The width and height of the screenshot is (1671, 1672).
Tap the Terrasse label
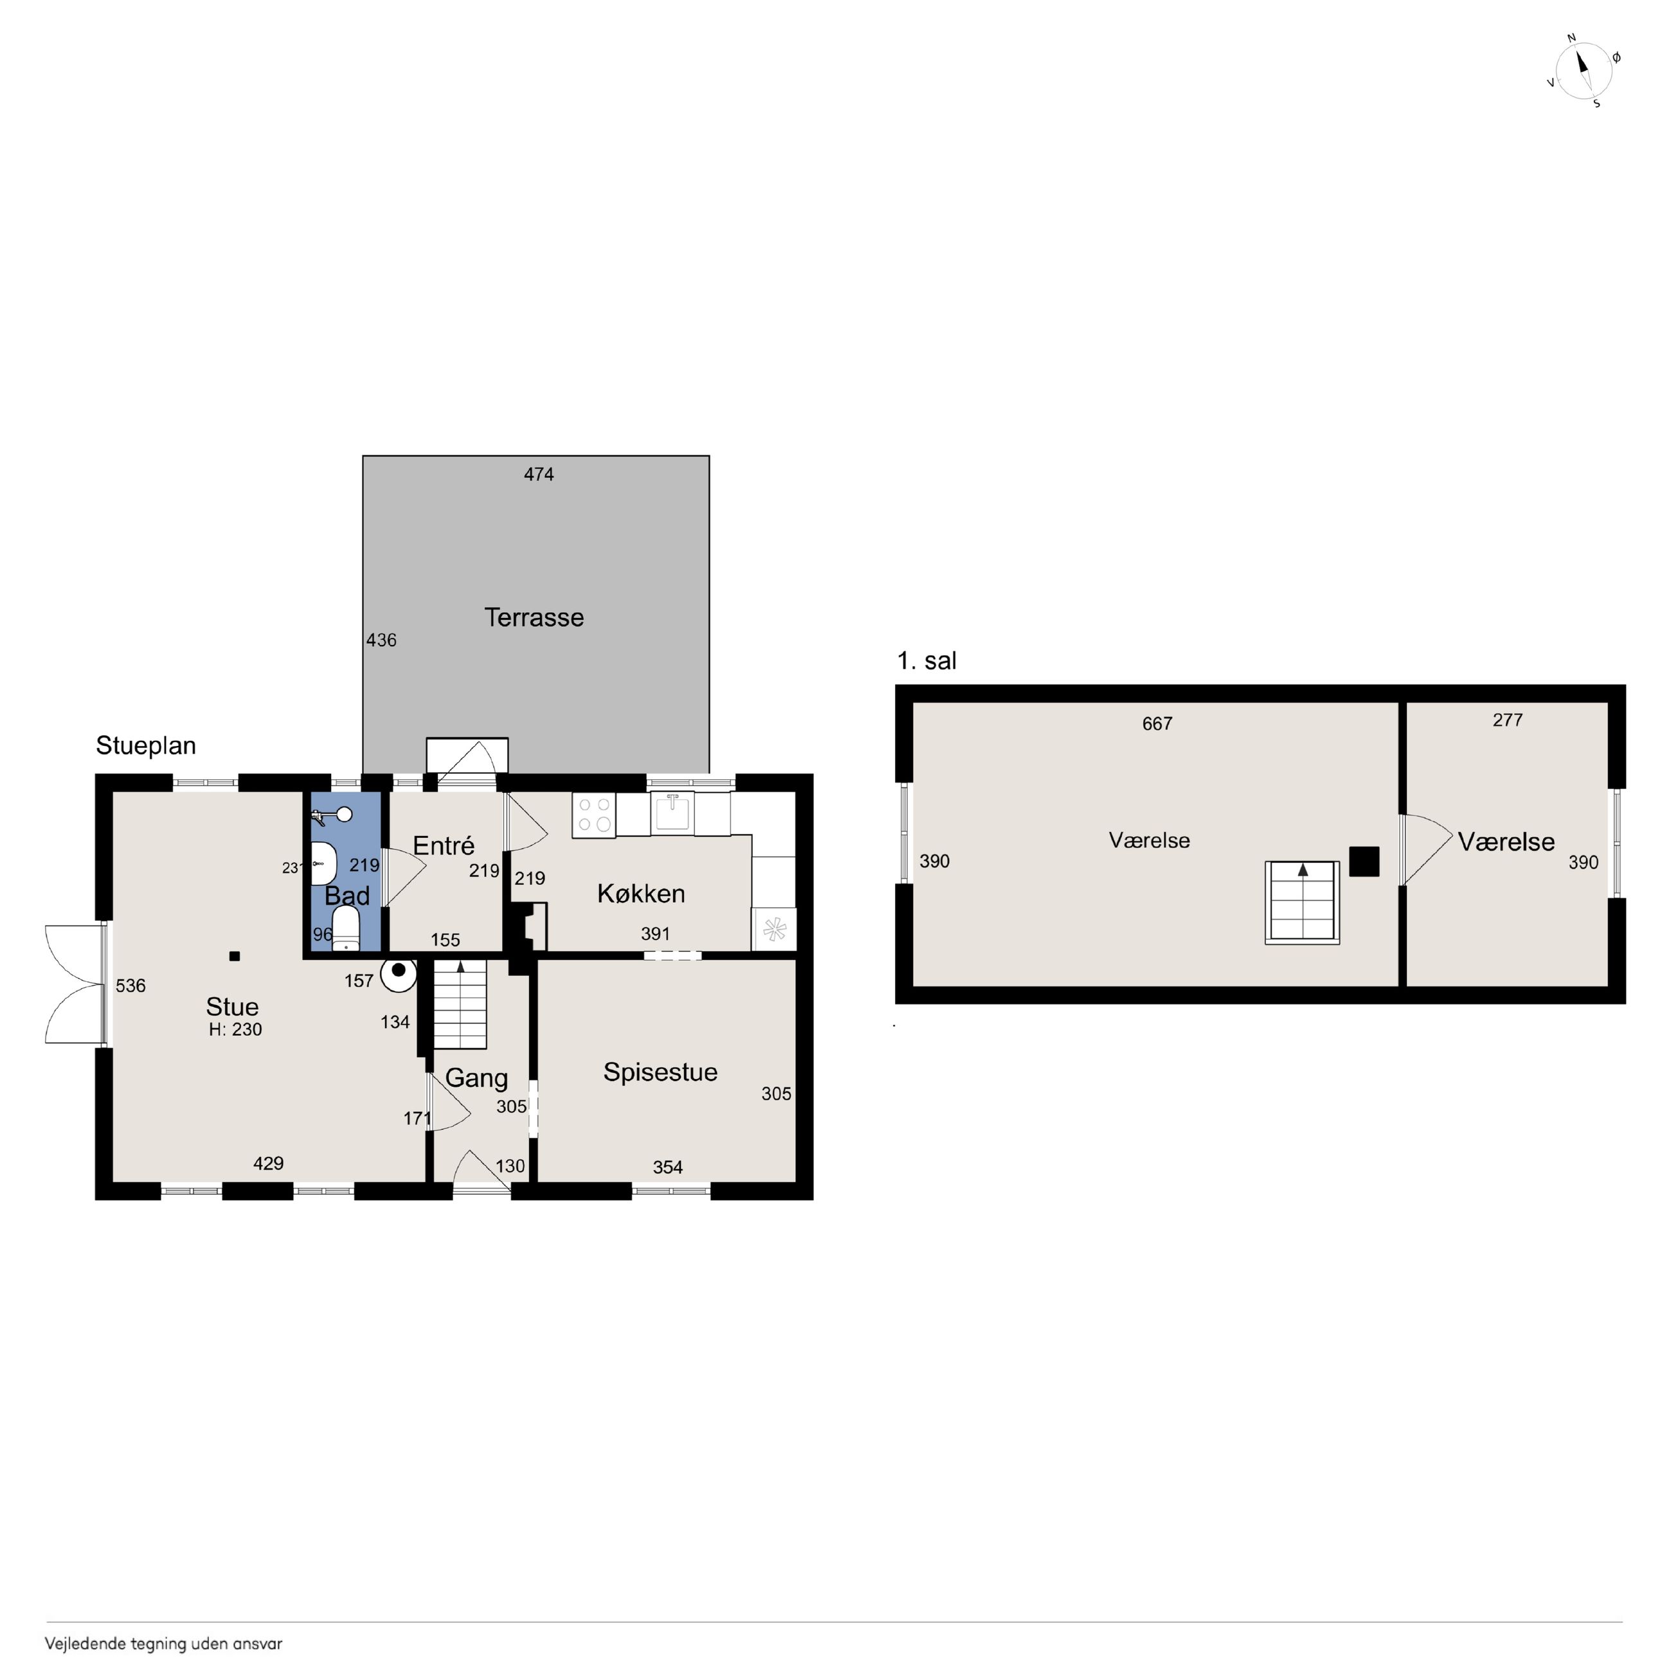click(x=534, y=617)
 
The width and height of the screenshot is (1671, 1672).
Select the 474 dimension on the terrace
click(x=538, y=473)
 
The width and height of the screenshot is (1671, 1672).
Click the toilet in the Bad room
click(x=346, y=928)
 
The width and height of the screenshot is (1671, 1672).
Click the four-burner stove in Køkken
click(x=593, y=814)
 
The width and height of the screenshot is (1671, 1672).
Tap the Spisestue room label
click(x=660, y=1072)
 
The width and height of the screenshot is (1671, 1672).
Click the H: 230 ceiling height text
click(x=235, y=1029)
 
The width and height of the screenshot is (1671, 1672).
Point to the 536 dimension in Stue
click(x=131, y=985)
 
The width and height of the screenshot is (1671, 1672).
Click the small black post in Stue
click(x=233, y=956)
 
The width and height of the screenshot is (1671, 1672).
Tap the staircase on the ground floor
click(x=460, y=1004)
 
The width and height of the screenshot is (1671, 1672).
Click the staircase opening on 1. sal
click(x=1303, y=902)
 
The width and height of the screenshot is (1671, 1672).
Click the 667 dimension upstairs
click(x=1157, y=723)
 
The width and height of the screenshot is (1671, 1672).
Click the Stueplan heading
click(x=145, y=746)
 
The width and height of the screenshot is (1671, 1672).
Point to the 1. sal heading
click(x=926, y=660)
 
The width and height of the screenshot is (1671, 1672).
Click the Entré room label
click(x=444, y=846)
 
